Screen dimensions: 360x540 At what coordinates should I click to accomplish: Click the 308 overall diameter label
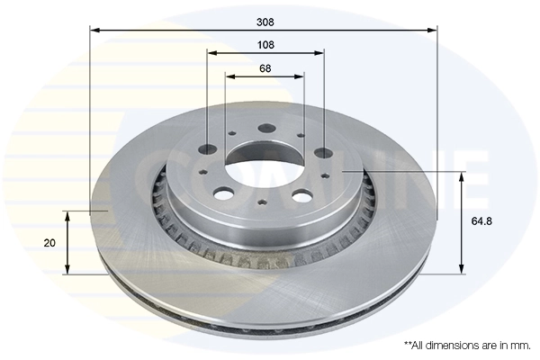click(265, 21)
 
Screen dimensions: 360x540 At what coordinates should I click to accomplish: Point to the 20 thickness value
click(49, 243)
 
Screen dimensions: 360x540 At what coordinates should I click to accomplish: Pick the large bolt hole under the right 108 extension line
click(322, 153)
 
